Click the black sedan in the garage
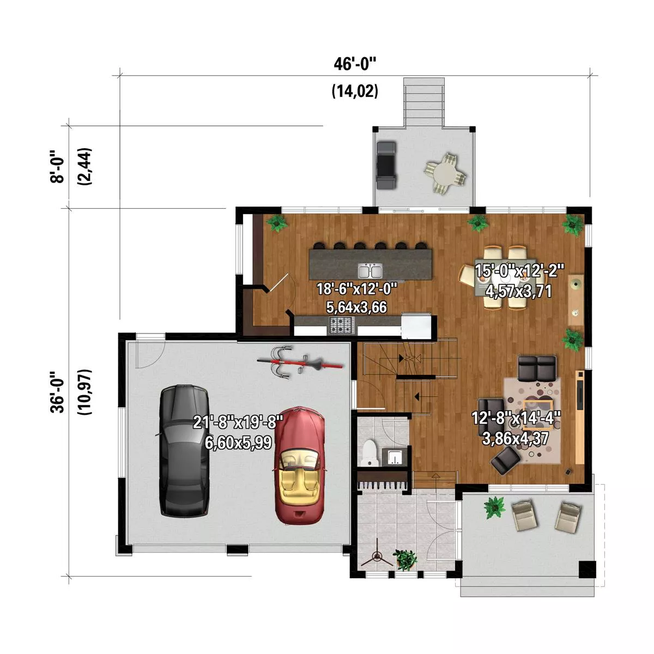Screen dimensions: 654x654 184,451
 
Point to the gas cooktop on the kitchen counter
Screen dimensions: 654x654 341,325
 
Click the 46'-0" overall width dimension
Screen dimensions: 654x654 355,64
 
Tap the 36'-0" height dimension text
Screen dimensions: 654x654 57,392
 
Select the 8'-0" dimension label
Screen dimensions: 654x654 57,167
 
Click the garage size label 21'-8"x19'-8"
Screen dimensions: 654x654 238,423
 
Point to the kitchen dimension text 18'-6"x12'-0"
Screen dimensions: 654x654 356,289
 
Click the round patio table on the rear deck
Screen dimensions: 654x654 445,174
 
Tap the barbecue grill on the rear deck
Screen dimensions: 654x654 386,166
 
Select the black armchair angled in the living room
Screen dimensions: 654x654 506,460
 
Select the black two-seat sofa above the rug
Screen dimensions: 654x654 537,368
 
